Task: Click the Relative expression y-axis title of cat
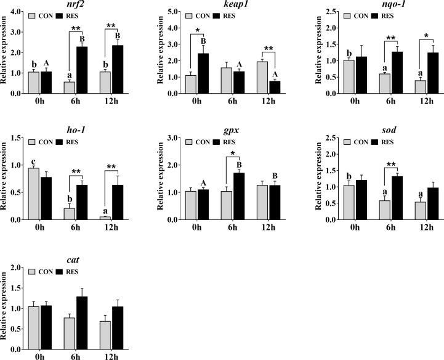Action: [x=5, y=312]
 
